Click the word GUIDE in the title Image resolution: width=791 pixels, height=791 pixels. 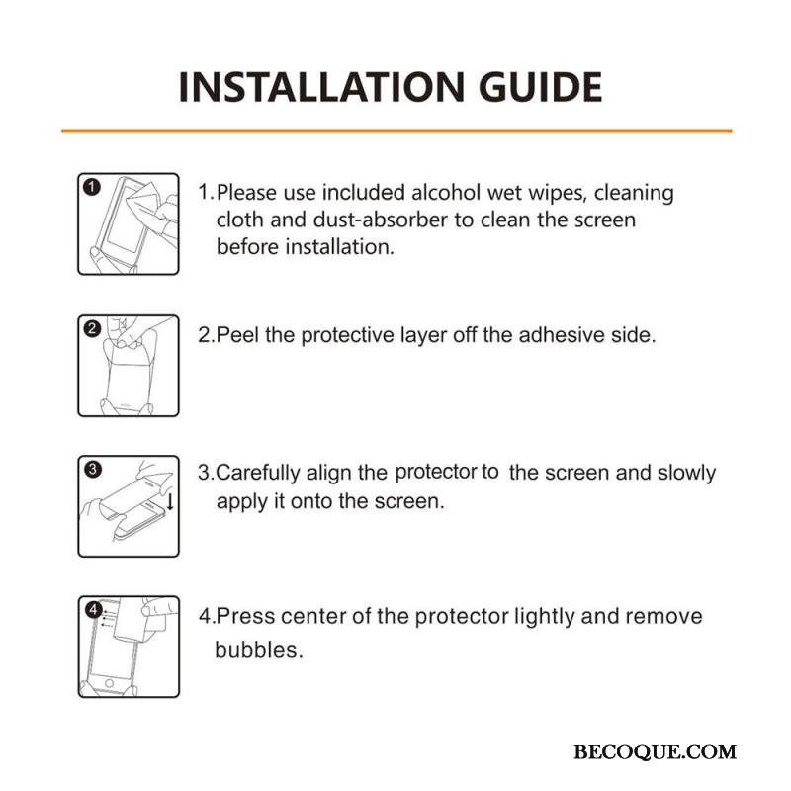pyautogui.click(x=540, y=87)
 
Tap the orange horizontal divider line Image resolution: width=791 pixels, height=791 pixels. pyautogui.click(x=396, y=132)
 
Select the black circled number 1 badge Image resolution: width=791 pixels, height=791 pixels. pyautogui.click(x=92, y=187)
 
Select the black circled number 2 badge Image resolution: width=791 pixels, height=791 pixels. pyautogui.click(x=92, y=329)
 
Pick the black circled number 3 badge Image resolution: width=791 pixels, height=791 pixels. pyautogui.click(x=93, y=469)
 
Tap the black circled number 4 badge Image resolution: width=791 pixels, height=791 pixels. pyautogui.click(x=93, y=610)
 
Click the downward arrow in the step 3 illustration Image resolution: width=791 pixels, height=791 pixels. pyautogui.click(x=170, y=501)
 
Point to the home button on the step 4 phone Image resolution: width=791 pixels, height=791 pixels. pyautogui.click(x=109, y=684)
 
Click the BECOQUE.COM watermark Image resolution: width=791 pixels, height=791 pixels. pyautogui.click(x=655, y=751)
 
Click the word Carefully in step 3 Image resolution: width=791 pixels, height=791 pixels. pyautogui.click(x=258, y=474)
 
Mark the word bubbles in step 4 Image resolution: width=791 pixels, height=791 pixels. pyautogui.click(x=259, y=650)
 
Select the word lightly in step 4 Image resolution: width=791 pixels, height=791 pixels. pyautogui.click(x=544, y=617)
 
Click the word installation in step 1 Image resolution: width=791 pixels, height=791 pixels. pyautogui.click(x=339, y=246)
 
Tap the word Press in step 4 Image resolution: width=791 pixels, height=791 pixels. pyautogui.click(x=245, y=616)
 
